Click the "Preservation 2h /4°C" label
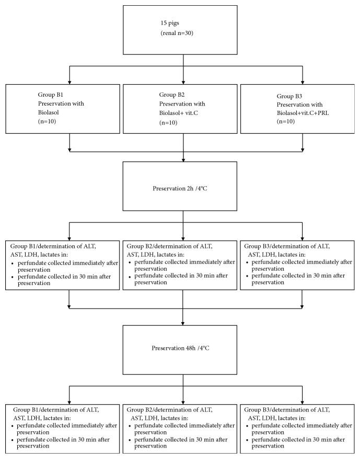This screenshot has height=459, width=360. click(x=183, y=183)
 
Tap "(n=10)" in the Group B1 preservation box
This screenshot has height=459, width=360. click(x=41, y=120)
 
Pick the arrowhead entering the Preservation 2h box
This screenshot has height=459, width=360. click(x=183, y=159)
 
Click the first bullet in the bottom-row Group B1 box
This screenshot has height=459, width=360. click(x=11, y=426)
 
